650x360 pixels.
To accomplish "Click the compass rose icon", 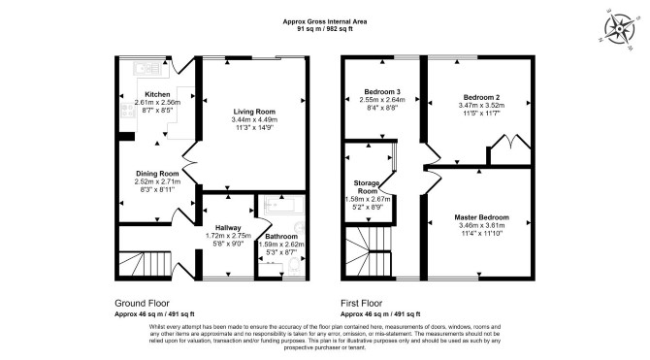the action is click(619, 29).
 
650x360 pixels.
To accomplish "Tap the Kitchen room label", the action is click(157, 94).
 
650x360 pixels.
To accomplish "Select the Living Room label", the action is click(254, 112).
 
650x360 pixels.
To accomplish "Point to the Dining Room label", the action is click(157, 174).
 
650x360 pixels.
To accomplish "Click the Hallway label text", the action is click(228, 228).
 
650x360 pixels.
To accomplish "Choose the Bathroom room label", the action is click(281, 237).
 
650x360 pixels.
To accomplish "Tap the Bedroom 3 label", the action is click(382, 91).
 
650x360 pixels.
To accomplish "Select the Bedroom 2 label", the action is click(482, 97).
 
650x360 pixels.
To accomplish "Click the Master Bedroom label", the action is click(482, 217).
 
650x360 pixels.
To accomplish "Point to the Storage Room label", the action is click(367, 187).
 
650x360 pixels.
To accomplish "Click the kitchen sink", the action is click(148, 69).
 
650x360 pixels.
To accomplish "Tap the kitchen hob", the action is click(128, 111).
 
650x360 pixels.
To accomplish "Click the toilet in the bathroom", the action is click(294, 265).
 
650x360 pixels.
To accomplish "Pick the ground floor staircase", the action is click(146, 263).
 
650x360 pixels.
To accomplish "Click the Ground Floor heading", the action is click(142, 303).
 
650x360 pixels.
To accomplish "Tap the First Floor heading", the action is click(362, 303).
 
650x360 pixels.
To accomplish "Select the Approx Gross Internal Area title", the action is click(325, 21).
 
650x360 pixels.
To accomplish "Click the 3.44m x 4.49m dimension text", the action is click(254, 120).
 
